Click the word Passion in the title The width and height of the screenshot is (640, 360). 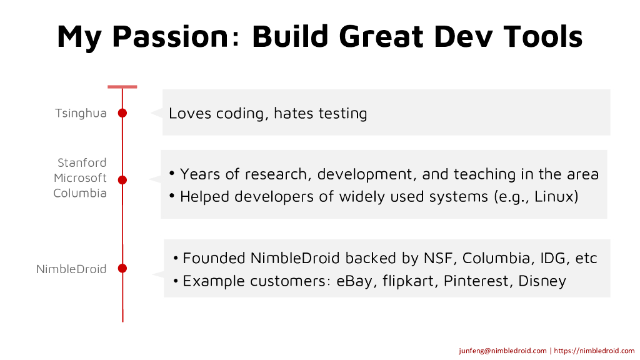tap(170, 37)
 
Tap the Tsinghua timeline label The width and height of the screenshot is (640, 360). tap(81, 114)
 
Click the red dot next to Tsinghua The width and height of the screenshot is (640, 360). tap(122, 113)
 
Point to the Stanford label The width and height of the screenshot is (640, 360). tap(82, 163)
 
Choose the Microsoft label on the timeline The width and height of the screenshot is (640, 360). tap(81, 178)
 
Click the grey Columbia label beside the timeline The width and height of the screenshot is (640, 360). tap(80, 193)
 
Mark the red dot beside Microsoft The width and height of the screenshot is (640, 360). tap(122, 179)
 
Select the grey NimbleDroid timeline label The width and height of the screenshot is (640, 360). tap(71, 269)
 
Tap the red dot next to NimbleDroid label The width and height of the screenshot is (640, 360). tap(122, 268)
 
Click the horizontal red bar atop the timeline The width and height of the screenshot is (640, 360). tap(122, 86)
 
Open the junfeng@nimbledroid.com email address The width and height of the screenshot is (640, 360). tap(502, 351)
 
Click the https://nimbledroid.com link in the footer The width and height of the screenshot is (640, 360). tap(594, 351)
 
